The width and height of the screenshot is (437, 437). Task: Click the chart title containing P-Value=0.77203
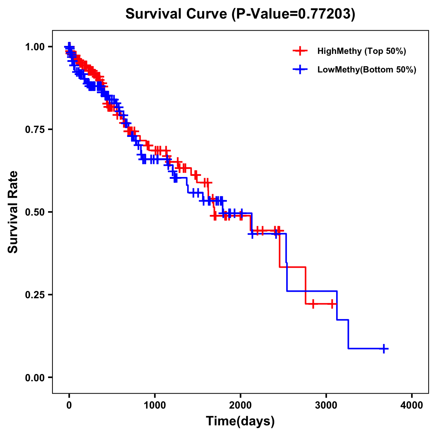240,14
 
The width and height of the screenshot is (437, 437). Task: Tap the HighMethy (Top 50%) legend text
362,51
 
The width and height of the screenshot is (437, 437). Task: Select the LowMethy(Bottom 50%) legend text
367,70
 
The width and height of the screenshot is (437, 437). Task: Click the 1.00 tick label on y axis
35,47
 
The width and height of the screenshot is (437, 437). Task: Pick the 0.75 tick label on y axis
35,130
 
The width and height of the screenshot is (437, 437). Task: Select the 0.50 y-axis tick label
35,212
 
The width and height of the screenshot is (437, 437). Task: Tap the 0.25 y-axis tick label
35,295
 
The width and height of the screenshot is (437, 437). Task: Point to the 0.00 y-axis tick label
35,378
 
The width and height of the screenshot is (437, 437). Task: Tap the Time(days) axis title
240,421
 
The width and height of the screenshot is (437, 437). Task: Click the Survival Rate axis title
13,212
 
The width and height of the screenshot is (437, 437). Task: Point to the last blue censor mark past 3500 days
383,349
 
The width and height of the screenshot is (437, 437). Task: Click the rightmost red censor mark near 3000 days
332,304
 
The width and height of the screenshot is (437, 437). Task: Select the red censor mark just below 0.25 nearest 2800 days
313,304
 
